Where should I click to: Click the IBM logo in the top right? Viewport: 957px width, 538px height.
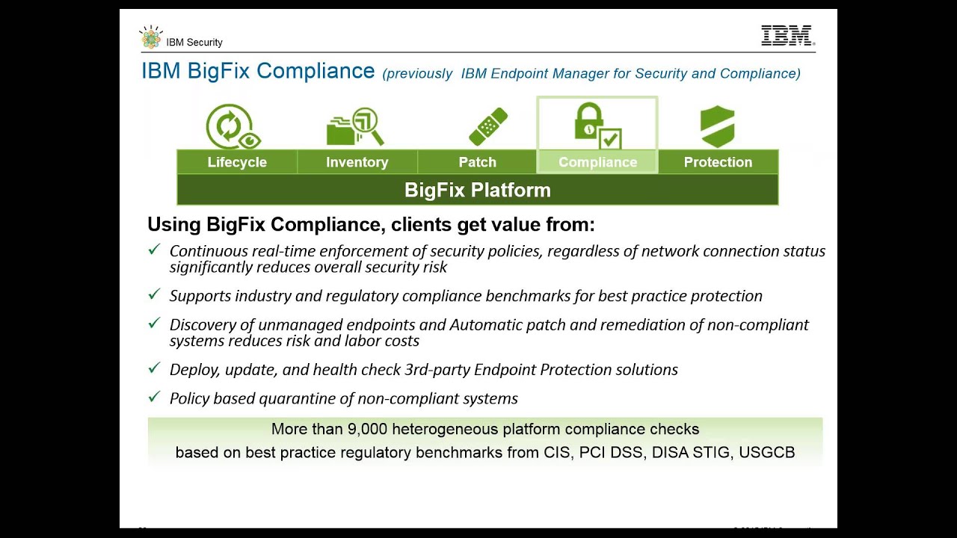click(x=787, y=36)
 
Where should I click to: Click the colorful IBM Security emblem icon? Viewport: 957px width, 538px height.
click(x=151, y=38)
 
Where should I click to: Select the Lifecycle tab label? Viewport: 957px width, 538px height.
click(x=237, y=162)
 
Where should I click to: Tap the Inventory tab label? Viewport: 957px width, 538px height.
click(x=357, y=162)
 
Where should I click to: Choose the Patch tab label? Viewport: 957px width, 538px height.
click(x=477, y=162)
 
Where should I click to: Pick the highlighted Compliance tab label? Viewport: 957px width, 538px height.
click(x=597, y=162)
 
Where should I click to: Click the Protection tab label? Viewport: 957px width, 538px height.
click(x=718, y=162)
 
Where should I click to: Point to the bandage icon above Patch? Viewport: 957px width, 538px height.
click(x=487, y=126)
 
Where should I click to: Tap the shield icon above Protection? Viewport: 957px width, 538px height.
click(x=717, y=126)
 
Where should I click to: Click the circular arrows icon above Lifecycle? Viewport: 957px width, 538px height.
click(x=233, y=126)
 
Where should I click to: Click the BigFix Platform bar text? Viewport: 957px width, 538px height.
click(x=477, y=190)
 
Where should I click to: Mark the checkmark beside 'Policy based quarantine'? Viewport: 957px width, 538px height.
click(x=154, y=397)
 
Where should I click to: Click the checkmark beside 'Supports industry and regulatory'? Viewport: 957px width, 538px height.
click(x=154, y=294)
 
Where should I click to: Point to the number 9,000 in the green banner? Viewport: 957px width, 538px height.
click(x=367, y=429)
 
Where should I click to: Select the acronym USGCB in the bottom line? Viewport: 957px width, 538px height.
click(x=766, y=452)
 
